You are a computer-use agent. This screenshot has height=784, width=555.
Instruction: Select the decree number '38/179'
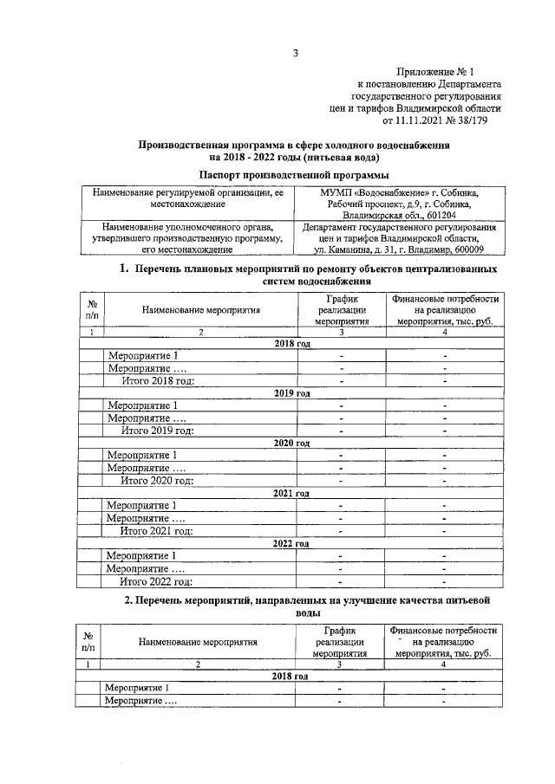(484, 121)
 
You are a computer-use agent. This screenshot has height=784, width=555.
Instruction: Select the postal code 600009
(466, 251)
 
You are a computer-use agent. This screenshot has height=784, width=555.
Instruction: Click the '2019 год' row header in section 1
(291, 392)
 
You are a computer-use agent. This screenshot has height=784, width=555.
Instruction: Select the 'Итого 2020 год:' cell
(156, 481)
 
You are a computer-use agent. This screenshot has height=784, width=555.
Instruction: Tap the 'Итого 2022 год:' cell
(156, 581)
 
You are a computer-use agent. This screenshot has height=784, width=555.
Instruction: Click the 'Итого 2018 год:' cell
(156, 379)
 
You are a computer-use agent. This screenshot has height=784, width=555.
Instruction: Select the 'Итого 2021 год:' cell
(156, 531)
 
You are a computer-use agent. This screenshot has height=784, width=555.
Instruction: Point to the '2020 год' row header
(291, 443)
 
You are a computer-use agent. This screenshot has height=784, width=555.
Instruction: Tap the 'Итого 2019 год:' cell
(156, 431)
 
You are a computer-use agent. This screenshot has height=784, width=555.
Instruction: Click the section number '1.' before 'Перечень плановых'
(124, 269)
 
